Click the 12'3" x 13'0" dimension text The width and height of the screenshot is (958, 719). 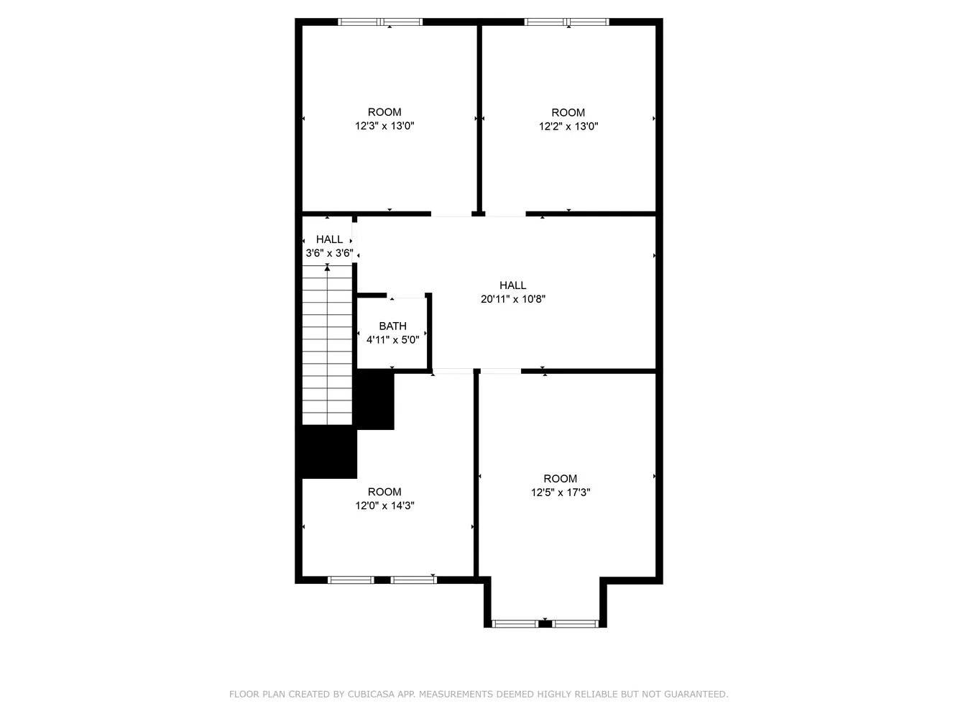tap(384, 126)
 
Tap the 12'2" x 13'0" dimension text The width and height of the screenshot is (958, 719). tap(568, 127)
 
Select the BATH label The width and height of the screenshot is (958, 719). tap(392, 326)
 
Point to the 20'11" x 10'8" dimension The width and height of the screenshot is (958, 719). tap(513, 299)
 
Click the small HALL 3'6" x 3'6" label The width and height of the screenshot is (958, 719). tap(329, 246)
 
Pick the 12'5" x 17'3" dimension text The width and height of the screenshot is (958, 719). tap(561, 493)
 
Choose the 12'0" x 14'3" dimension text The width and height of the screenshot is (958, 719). tap(384, 505)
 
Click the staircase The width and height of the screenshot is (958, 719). tap(328, 345)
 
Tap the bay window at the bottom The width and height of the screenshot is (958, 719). tap(545, 623)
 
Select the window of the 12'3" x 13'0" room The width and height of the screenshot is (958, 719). tap(380, 22)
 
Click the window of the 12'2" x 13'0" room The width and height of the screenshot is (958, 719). tap(567, 22)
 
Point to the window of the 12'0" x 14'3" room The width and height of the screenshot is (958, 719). tap(382, 580)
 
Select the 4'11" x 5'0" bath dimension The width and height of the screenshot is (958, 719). tap(392, 340)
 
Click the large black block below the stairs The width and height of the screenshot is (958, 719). tap(329, 453)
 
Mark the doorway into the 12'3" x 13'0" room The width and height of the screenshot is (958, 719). tap(451, 214)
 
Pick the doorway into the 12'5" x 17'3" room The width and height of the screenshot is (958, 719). tap(500, 371)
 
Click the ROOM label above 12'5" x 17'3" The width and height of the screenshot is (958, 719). tap(561, 479)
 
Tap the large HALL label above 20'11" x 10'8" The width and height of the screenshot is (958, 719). tap(513, 285)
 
